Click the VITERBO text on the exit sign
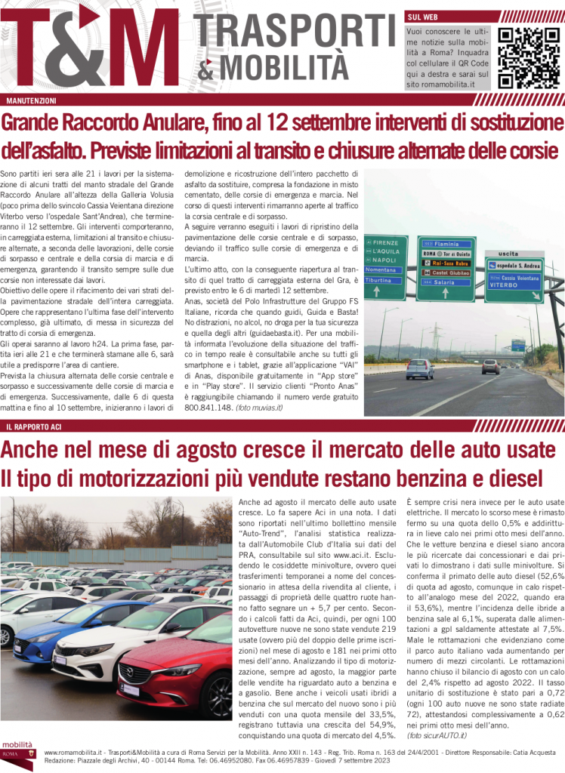(x=504, y=286)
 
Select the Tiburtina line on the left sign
(x=379, y=280)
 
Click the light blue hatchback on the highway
(x=419, y=368)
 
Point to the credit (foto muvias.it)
(x=259, y=407)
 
